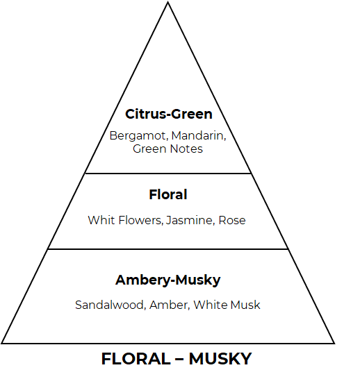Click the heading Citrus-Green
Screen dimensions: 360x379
click(169, 115)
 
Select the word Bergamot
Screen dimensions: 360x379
click(138, 135)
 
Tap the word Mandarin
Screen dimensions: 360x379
click(198, 135)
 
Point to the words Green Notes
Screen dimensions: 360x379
click(167, 149)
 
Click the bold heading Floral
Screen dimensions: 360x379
click(168, 194)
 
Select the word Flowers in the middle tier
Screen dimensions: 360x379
click(140, 220)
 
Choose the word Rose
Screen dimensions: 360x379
click(232, 220)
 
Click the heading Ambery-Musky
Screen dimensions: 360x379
click(168, 280)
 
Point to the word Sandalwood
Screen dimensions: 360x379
click(110, 305)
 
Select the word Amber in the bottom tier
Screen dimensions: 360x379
click(169, 305)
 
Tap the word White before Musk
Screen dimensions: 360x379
click(211, 305)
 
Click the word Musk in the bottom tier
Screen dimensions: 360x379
click(245, 305)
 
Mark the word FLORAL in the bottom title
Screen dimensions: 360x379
click(136, 359)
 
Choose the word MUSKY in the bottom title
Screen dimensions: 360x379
click(220, 359)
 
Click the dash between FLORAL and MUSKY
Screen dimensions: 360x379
click(179, 360)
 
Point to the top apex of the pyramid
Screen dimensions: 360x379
click(168, 2)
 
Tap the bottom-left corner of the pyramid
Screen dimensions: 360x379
click(1, 343)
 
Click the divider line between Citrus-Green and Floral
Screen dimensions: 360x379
click(168, 174)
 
